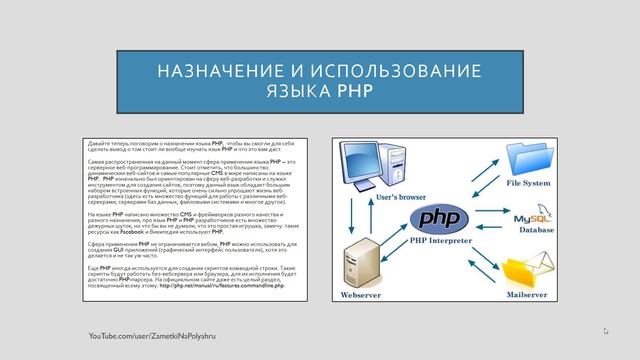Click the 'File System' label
(x=528, y=184)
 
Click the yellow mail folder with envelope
(x=524, y=270)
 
